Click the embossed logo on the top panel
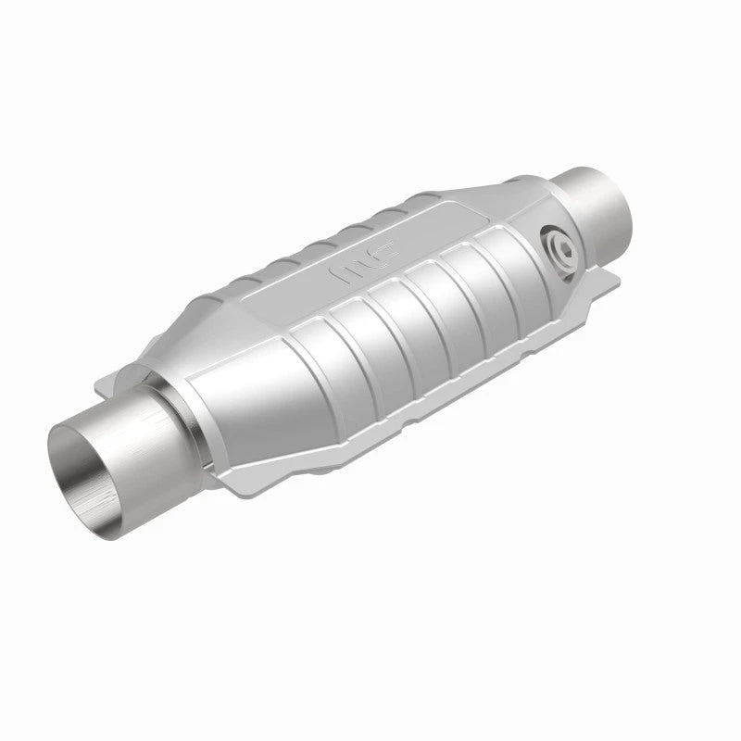pyautogui.click(x=356, y=272)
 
